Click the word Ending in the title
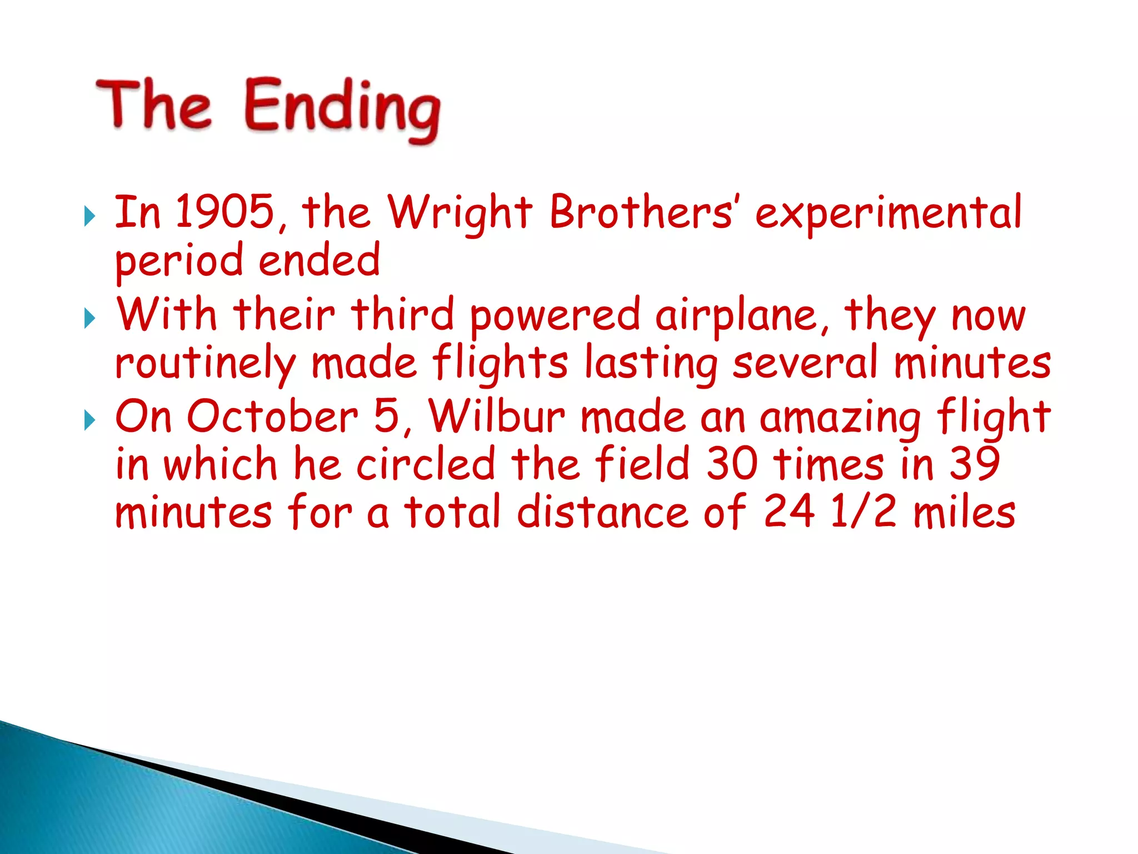click(342, 108)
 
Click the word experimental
click(888, 214)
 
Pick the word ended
click(320, 260)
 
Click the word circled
click(426, 464)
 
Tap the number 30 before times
click(732, 464)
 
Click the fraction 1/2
click(862, 512)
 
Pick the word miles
click(965, 512)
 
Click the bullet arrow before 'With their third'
click(89, 319)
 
